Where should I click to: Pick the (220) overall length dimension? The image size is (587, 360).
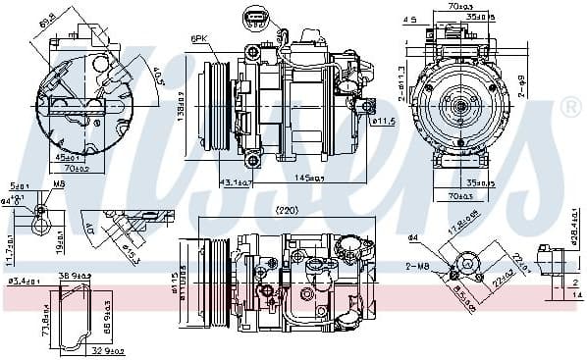tap(286, 210)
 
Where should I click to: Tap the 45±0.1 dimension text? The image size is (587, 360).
tap(68, 156)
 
